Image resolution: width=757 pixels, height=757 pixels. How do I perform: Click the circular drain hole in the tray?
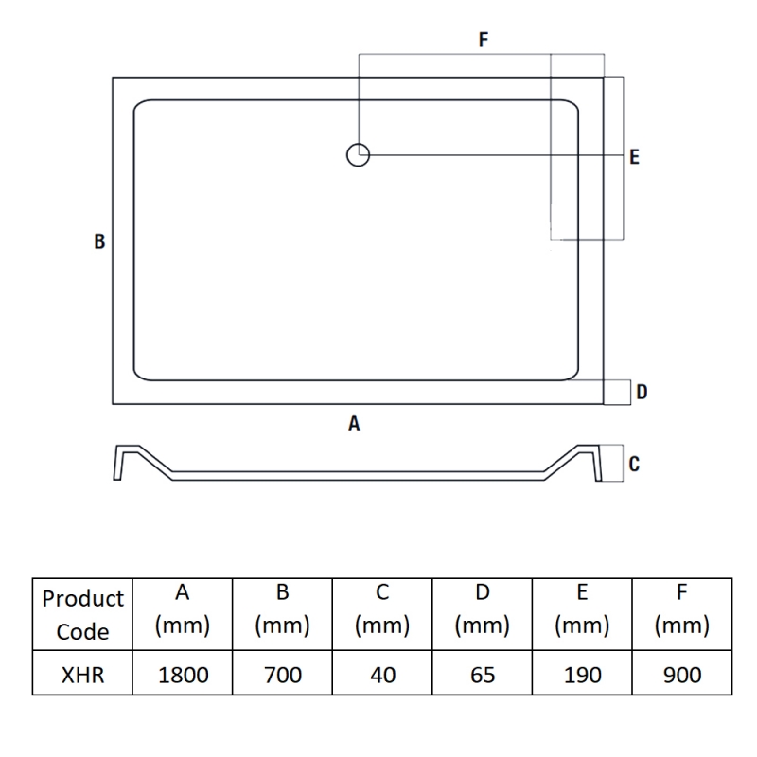[358, 154]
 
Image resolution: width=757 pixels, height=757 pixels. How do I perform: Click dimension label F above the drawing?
[483, 40]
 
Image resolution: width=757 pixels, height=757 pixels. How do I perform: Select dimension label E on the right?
[634, 157]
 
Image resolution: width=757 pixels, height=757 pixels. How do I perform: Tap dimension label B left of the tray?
[99, 241]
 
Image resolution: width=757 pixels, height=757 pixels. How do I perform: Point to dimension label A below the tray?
[354, 424]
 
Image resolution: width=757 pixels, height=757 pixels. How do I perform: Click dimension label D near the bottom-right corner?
[642, 392]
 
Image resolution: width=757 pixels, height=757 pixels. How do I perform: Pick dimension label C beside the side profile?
[635, 464]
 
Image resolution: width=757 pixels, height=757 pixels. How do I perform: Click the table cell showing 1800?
[183, 674]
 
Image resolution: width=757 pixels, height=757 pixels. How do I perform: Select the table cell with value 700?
[282, 674]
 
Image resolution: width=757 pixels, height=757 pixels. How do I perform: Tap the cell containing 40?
[382, 674]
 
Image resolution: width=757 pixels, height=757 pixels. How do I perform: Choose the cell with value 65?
[483, 674]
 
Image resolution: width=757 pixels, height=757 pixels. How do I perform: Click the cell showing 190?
[583, 674]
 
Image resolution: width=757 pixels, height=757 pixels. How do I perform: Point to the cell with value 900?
[682, 674]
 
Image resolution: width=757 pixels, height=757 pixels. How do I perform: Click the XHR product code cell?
[83, 674]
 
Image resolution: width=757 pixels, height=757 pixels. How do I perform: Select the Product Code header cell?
[83, 614]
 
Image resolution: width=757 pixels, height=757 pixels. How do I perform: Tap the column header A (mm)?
[183, 614]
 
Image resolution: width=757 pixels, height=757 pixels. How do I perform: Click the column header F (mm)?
[682, 614]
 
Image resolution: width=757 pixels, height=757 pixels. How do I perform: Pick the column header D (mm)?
[483, 614]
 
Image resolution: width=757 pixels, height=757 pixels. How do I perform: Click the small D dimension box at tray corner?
[617, 391]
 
